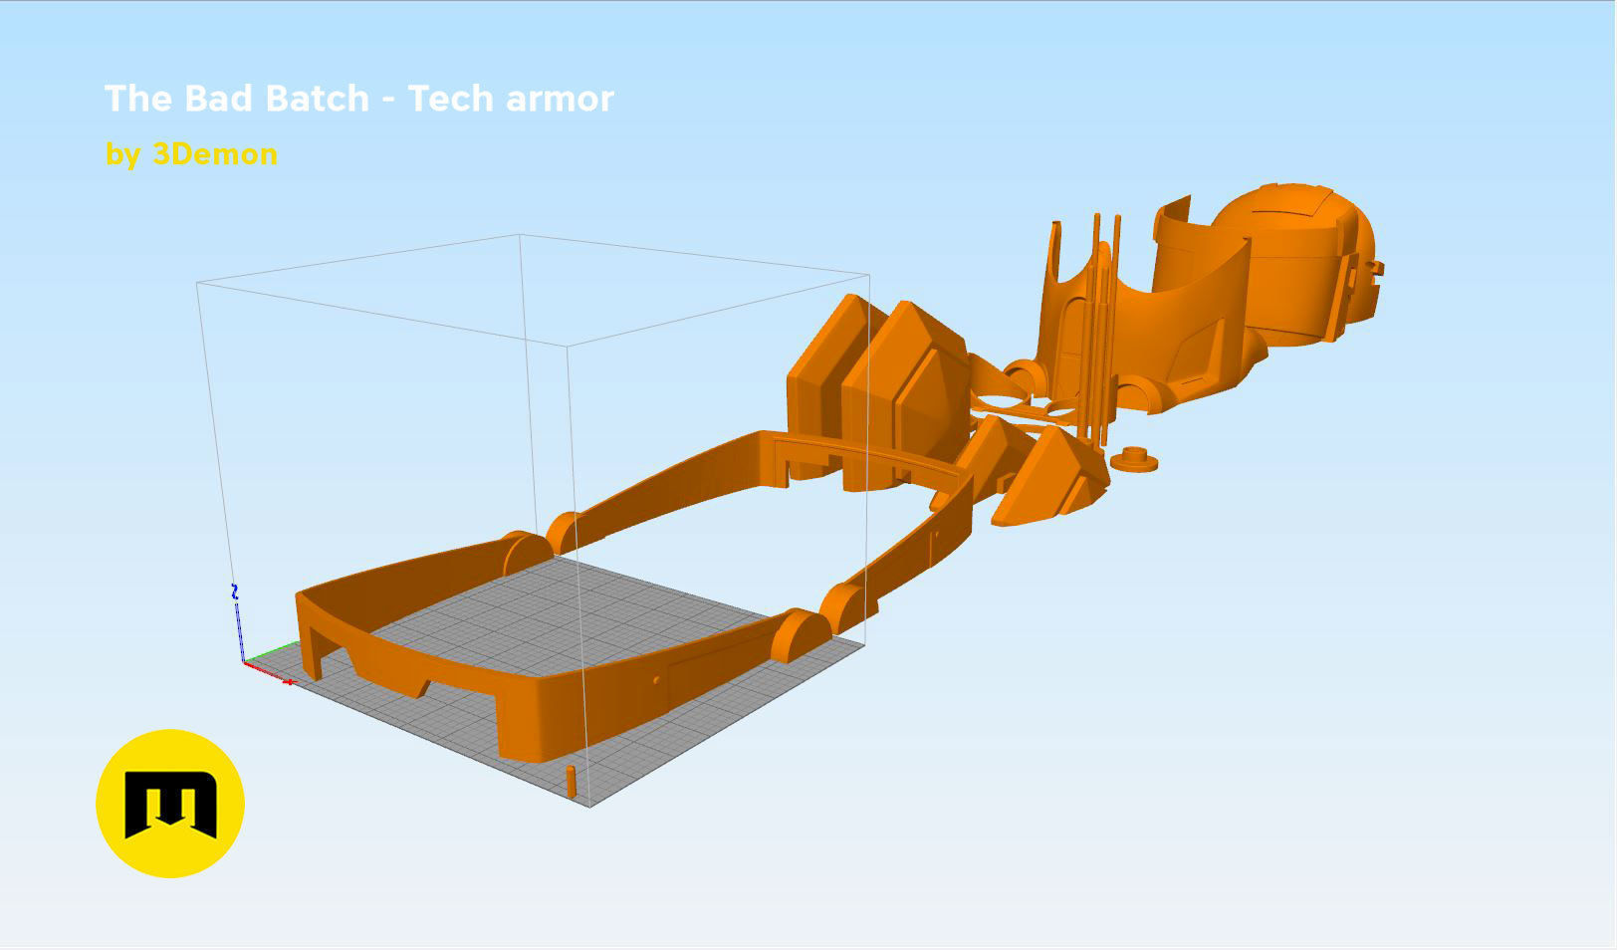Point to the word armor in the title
[x=560, y=99]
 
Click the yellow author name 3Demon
[x=215, y=154]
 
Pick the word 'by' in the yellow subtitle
[x=122, y=155]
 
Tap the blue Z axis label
[x=235, y=592]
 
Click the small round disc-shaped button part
[x=1133, y=458]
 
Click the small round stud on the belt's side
[x=655, y=679]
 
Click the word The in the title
[x=139, y=99]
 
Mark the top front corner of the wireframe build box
[x=569, y=347]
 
